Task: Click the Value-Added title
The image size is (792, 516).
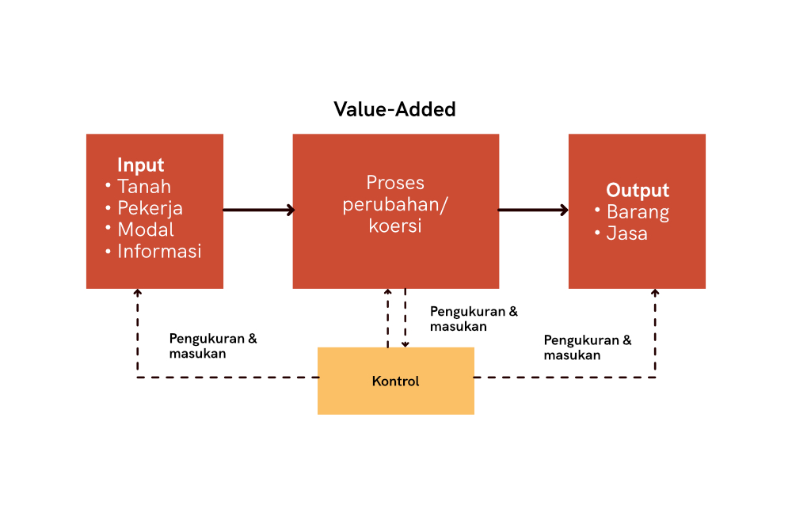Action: point(394,109)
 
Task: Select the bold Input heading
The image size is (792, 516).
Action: point(140,165)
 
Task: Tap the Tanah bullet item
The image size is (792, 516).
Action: point(144,187)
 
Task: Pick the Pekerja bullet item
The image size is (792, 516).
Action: point(150,208)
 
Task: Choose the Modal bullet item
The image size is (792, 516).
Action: point(146,230)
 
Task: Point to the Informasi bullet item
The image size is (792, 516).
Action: point(159,252)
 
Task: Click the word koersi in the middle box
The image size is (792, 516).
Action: point(395,226)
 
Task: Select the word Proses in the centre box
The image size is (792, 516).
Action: point(395,183)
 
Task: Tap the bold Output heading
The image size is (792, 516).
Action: point(638,190)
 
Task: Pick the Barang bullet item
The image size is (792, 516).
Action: point(638,213)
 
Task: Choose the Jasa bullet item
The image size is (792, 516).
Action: point(626,233)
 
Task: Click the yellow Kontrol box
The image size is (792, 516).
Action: point(396,381)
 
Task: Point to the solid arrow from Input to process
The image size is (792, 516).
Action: point(259,210)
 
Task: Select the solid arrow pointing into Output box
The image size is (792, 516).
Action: point(533,210)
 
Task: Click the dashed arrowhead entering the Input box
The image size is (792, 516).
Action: point(137,292)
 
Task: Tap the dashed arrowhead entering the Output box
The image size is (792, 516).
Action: point(655,292)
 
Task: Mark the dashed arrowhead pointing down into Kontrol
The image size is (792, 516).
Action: point(405,344)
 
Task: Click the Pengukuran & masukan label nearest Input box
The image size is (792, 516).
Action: point(212,346)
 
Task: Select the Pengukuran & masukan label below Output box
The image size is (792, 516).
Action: point(588,347)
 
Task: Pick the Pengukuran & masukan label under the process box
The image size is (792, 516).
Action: point(474,319)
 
